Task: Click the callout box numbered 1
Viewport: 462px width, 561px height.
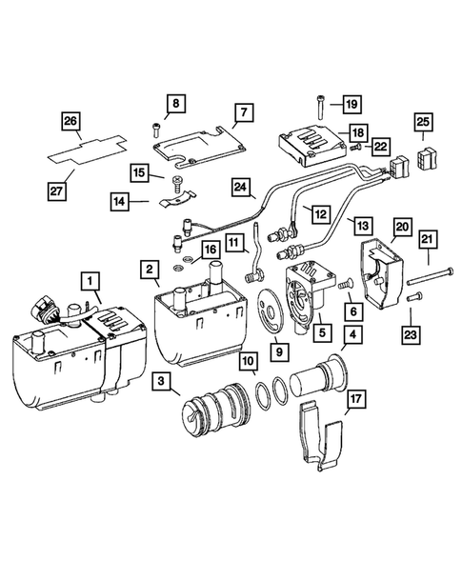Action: point(88,281)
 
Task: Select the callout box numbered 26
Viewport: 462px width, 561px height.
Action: point(70,121)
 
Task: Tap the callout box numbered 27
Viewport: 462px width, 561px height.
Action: point(58,190)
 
